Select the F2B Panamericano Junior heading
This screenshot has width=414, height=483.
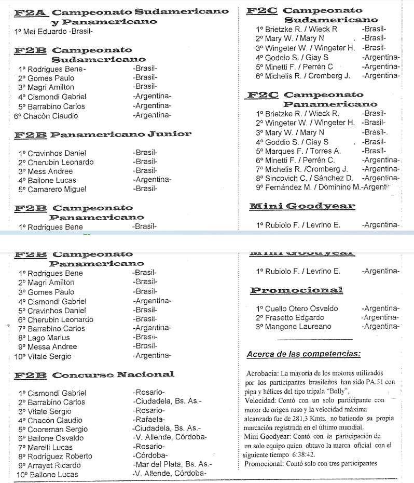click(103, 135)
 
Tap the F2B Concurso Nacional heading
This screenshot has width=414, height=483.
click(94, 374)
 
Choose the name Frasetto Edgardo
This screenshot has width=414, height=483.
click(294, 317)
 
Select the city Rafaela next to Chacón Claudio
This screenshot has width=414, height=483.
click(148, 420)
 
